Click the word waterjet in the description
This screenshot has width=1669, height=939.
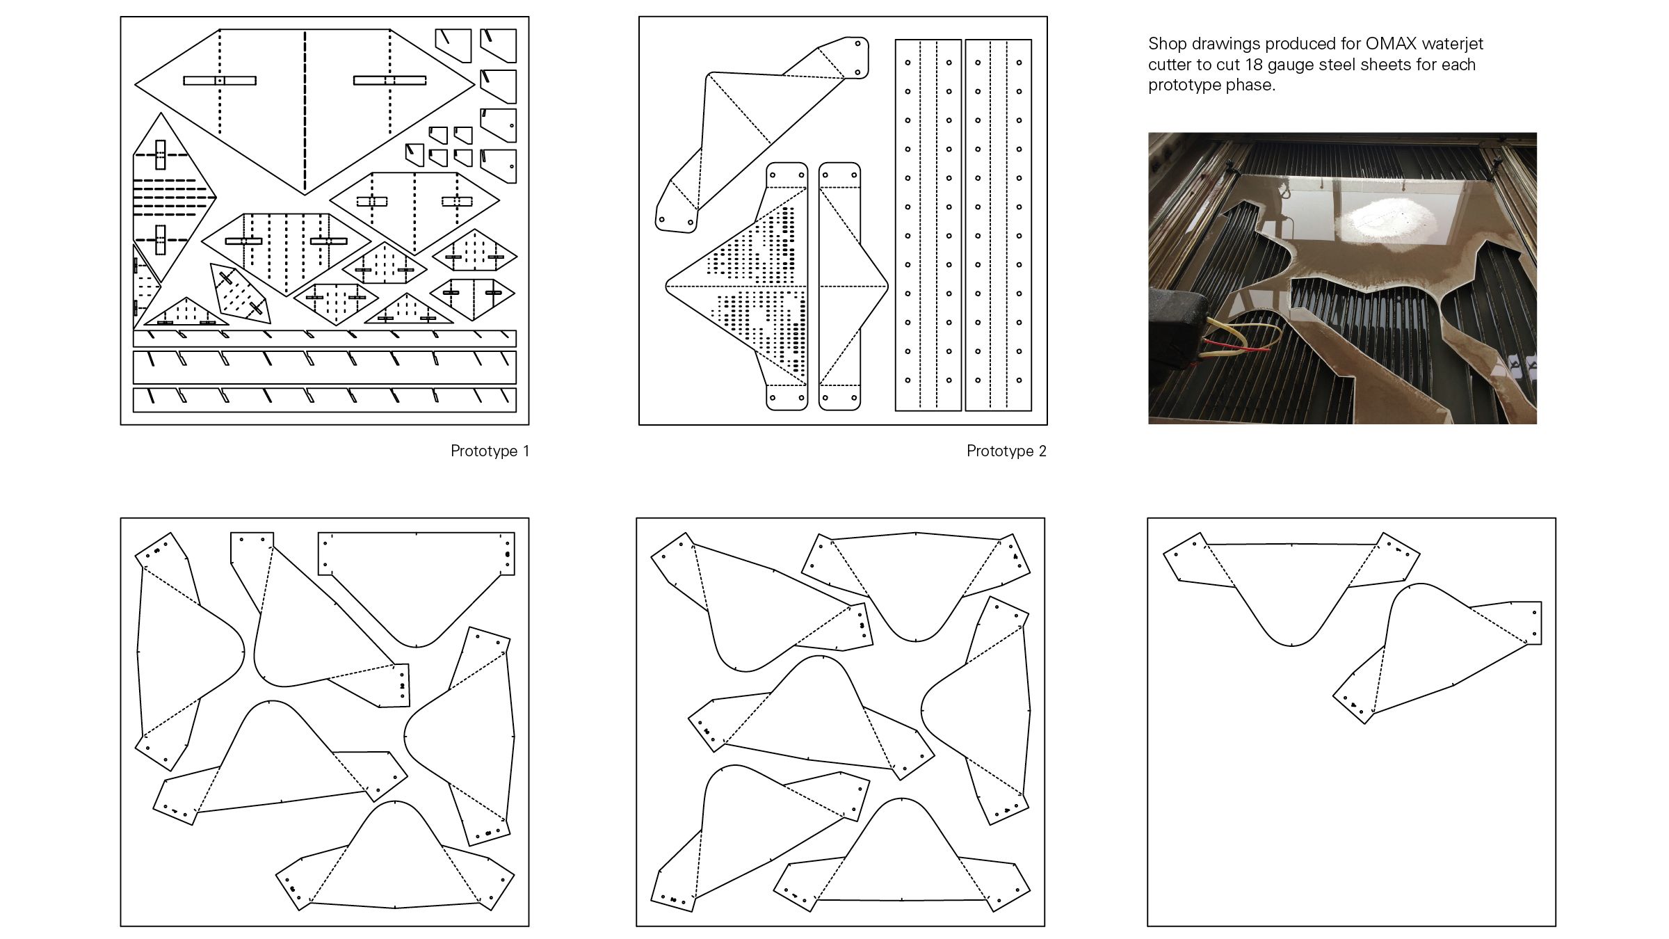tap(1452, 44)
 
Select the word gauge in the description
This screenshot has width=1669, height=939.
tap(1287, 65)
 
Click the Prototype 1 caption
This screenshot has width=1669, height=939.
tap(490, 451)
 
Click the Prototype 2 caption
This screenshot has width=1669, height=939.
tap(1006, 451)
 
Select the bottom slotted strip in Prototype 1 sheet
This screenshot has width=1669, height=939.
tap(324, 399)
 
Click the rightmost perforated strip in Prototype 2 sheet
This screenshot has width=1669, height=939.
tap(998, 225)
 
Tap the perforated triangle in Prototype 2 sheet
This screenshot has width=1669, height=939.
tap(751, 285)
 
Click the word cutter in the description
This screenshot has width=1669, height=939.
tap(1168, 65)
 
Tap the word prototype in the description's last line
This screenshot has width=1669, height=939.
tap(1182, 86)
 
